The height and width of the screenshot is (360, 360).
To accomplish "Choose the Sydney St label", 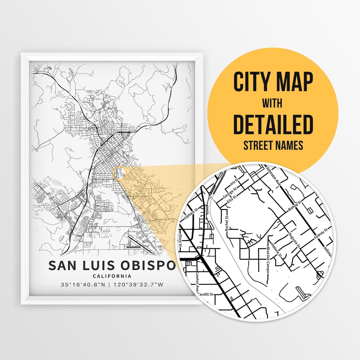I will pos(321,234).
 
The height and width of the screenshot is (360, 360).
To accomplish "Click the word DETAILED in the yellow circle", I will pos(273,125).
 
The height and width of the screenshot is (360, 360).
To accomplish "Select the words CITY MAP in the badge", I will pos(273,82).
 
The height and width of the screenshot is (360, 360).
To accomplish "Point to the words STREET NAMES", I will pos(273,145).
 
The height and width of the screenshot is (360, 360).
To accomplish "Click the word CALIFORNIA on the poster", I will pos(112,276).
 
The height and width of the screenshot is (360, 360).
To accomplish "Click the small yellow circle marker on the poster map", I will pos(120,173).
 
